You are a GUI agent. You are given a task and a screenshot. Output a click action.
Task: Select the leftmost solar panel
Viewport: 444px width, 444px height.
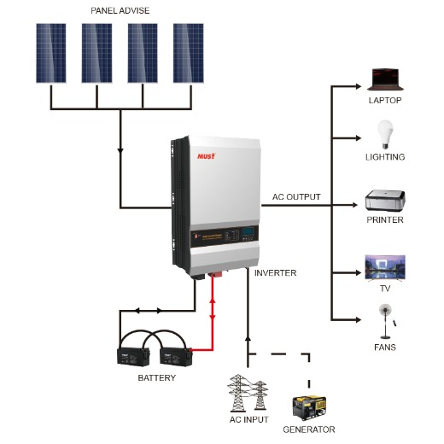pyautogui.click(x=50, y=52)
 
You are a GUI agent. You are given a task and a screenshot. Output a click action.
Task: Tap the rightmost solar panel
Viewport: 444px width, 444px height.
pyautogui.click(x=188, y=52)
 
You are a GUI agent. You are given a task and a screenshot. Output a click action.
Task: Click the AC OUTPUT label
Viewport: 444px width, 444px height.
pyautogui.click(x=296, y=196)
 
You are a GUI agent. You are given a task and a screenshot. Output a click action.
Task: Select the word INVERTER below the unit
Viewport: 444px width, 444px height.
pyautogui.click(x=275, y=273)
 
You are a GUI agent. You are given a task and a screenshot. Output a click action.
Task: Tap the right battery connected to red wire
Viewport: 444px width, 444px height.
pyautogui.click(x=173, y=353)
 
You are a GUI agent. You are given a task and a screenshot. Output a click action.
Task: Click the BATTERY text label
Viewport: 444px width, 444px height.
pyautogui.click(x=156, y=377)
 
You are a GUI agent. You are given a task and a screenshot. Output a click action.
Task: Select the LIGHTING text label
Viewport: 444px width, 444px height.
pyautogui.click(x=386, y=157)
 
